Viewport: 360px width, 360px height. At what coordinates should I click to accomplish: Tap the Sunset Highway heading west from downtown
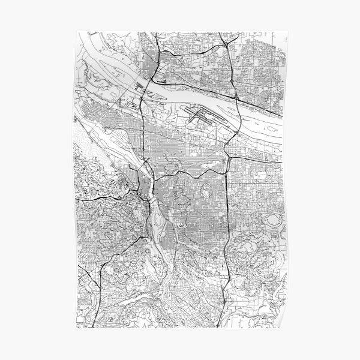[x=114, y=193]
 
